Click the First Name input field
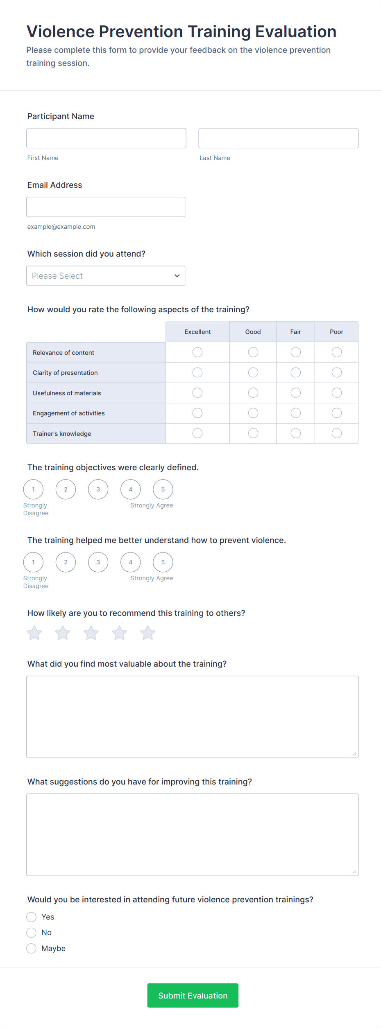(106, 138)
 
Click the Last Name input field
(278, 138)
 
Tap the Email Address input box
(106, 207)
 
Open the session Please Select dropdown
(106, 276)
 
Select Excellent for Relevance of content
(197, 352)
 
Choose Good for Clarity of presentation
(253, 372)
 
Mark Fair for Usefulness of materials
(296, 393)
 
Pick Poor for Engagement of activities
(337, 413)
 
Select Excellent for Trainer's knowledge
(197, 433)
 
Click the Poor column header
(336, 332)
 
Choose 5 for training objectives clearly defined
(163, 489)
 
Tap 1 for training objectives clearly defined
(33, 489)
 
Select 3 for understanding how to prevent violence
(98, 562)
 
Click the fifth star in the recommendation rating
(148, 633)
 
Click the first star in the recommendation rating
(34, 633)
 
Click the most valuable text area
(192, 717)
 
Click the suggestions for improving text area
(192, 834)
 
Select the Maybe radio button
(32, 948)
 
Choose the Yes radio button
(32, 917)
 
